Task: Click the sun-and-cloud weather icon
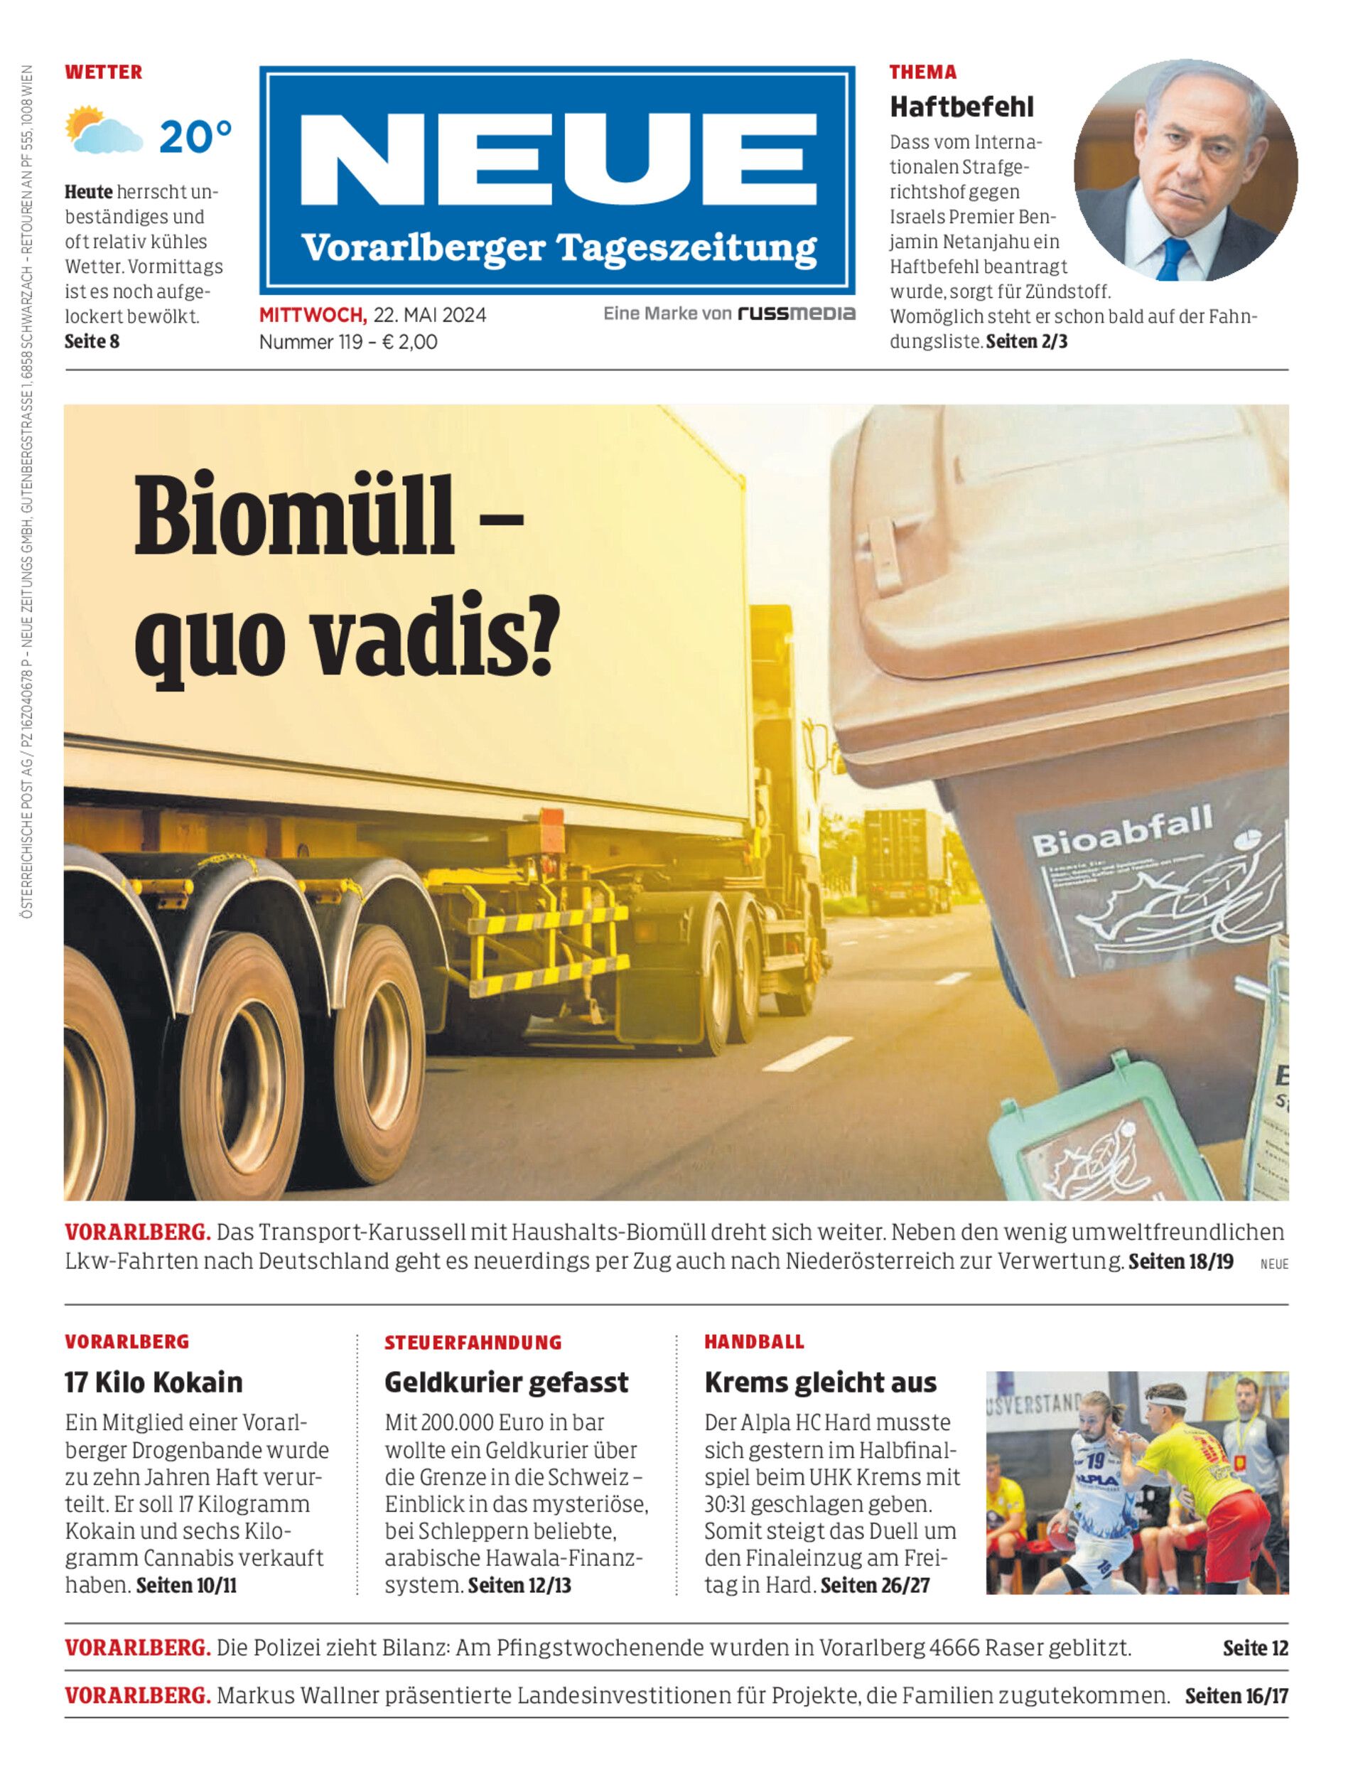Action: (x=103, y=131)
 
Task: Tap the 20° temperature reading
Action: (x=195, y=137)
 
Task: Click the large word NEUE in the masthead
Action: (x=557, y=161)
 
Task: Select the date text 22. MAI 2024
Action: (x=429, y=315)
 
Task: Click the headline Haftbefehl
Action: (x=961, y=107)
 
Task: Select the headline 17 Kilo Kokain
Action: (x=153, y=1383)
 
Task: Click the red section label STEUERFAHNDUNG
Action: (x=473, y=1343)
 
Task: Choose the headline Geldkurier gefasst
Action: (x=506, y=1383)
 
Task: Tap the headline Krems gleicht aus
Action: (x=820, y=1383)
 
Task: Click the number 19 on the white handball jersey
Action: (x=1094, y=1457)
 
